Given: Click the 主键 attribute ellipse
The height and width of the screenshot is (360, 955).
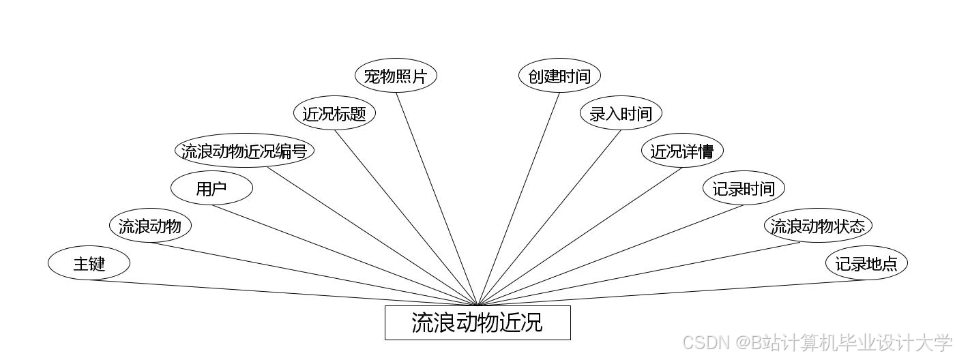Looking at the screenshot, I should (x=89, y=263).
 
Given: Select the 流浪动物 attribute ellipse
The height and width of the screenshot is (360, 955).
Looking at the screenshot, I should (x=150, y=226).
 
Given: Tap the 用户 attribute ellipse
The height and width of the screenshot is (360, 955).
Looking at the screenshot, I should (x=211, y=189).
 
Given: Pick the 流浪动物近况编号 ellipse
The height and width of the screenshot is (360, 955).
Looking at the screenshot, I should (x=244, y=151).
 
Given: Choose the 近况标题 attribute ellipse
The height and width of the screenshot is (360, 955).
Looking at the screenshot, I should (x=334, y=113).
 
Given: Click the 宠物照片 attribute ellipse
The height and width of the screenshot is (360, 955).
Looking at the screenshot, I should (x=396, y=76).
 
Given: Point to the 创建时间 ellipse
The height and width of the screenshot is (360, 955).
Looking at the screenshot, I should (x=559, y=76).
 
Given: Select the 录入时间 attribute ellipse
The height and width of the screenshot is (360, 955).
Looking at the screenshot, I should (x=621, y=113).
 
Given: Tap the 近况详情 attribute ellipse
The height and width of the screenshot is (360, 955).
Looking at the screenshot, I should (x=682, y=151).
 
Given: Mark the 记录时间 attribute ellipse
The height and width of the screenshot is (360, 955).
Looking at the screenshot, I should (x=744, y=188).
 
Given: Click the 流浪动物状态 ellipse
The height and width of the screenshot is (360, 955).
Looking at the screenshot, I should (x=818, y=226).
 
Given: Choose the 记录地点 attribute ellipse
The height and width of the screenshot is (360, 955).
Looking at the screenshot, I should (x=866, y=263).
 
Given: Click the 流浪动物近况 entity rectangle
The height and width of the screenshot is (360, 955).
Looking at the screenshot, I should (x=477, y=322).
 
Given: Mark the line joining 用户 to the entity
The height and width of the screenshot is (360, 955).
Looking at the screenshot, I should (x=344, y=255).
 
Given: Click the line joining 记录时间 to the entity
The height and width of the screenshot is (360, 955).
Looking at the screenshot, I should (x=611, y=255).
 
